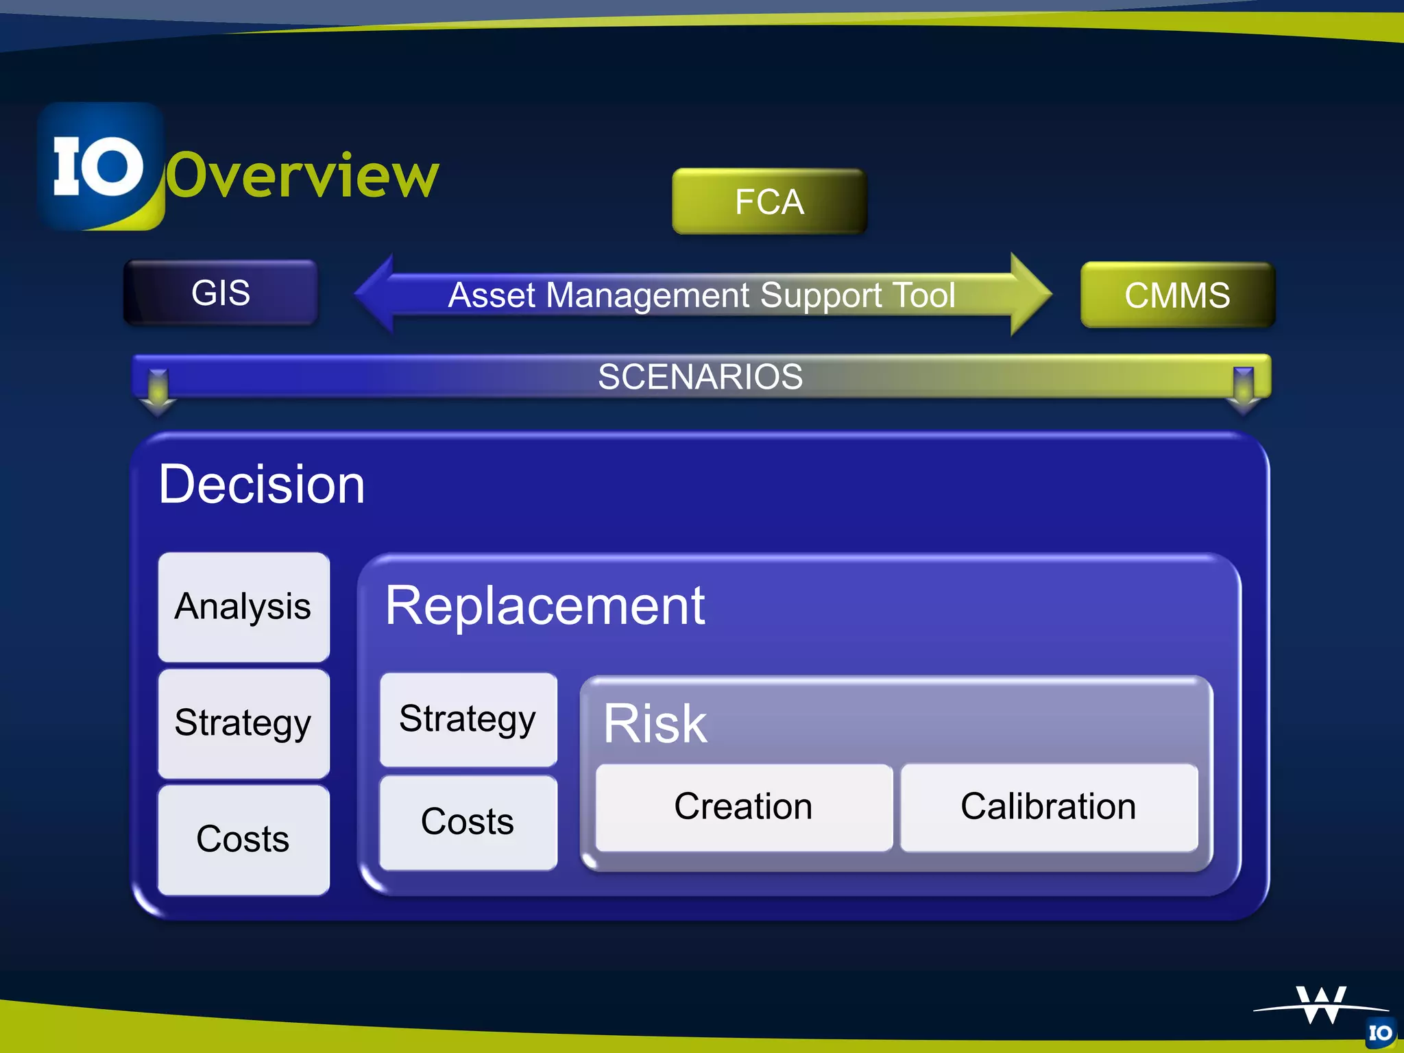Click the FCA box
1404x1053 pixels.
769,202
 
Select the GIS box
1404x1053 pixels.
221,293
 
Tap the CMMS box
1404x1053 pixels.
1177,295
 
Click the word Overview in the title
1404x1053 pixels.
302,176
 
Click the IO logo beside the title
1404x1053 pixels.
100,167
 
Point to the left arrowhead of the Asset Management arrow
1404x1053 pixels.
374,293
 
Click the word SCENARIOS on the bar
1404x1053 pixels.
700,376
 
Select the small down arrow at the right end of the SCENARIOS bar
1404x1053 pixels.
1243,391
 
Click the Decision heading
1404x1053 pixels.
262,484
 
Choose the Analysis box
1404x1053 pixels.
243,607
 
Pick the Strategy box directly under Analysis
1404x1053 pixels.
243,723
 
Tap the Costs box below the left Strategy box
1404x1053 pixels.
243,839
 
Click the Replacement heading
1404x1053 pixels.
545,606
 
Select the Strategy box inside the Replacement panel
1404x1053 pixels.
468,719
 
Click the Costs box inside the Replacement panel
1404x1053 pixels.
468,822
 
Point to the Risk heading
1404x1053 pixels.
655,724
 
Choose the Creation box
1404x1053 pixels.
744,807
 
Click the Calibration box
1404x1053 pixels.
1049,807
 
